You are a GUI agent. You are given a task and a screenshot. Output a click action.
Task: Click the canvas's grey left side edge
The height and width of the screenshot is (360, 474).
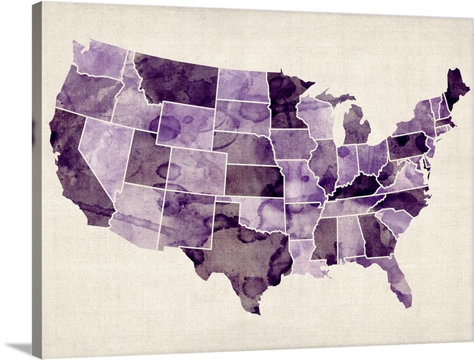(x=37, y=178)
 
